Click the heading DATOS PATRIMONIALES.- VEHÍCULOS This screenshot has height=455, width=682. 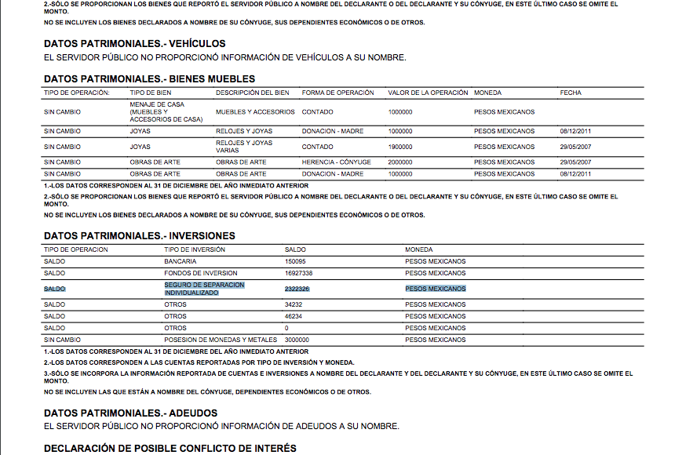click(x=134, y=44)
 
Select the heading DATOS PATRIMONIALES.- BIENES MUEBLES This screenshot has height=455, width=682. click(x=149, y=78)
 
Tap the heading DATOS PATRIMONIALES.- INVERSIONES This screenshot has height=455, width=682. click(x=140, y=235)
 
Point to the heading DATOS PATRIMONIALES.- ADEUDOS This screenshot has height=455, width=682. click(x=130, y=413)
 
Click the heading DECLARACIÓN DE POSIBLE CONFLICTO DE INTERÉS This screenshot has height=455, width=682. click(x=170, y=448)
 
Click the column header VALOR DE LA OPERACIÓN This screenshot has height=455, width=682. click(x=428, y=93)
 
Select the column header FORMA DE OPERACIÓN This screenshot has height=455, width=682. click(x=334, y=93)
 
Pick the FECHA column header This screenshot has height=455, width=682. click(x=571, y=93)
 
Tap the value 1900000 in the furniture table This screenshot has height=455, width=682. click(x=400, y=147)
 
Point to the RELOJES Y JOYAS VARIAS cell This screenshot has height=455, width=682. click(x=244, y=147)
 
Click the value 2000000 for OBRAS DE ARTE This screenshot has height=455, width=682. click(x=400, y=162)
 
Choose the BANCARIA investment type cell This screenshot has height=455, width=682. click(x=180, y=261)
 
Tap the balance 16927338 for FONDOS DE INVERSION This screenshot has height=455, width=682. click(x=299, y=273)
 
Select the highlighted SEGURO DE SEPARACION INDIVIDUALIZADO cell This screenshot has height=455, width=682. click(x=204, y=289)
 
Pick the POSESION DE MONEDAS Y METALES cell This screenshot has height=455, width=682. click(x=221, y=340)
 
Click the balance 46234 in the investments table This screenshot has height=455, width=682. click(x=294, y=316)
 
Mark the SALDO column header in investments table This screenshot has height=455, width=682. click(x=296, y=249)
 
